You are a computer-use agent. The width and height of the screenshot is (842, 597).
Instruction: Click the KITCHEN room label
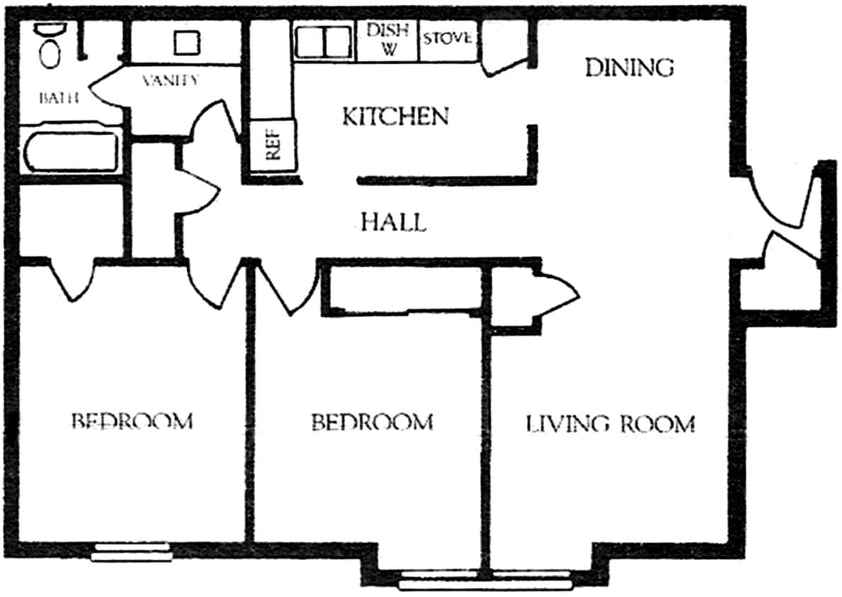(395, 116)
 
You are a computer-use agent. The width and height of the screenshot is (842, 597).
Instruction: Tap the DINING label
(629, 67)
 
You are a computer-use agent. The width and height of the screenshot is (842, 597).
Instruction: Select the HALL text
(394, 223)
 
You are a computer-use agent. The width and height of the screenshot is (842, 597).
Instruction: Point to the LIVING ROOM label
(610, 424)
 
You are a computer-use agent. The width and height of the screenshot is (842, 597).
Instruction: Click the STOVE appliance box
(447, 39)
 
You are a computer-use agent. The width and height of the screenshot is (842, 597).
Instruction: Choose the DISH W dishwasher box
(387, 40)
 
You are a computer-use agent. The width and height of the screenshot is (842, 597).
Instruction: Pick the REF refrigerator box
(273, 147)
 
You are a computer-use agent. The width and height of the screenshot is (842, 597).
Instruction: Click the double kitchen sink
(324, 42)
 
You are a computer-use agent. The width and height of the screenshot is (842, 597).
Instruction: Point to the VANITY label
(170, 80)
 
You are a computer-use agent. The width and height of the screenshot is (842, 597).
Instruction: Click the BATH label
(57, 98)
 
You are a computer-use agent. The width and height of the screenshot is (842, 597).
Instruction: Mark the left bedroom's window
(132, 552)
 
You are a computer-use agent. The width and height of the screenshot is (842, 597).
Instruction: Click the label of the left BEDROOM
(132, 422)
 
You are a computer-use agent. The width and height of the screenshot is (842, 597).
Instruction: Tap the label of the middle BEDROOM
(372, 422)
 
